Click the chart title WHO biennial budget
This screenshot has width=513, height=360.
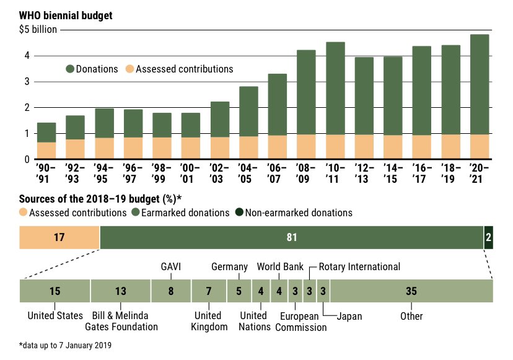coord(66,15)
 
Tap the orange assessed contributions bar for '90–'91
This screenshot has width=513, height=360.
coord(46,151)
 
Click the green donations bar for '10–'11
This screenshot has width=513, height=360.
coord(335,88)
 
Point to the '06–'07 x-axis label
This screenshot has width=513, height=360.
coord(276,173)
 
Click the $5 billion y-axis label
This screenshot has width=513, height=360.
coord(38,29)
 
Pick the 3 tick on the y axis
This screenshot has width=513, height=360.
coord(28,82)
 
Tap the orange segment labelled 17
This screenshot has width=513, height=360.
coord(59,237)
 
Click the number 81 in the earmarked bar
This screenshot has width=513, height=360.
coord(291,237)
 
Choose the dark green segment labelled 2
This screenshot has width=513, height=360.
coord(488,237)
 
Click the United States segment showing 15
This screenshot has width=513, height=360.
coord(55,291)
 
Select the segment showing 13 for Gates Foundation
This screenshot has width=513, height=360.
coord(121,291)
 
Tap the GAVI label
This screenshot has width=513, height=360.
coord(170,267)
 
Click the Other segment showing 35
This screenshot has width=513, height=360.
coord(411,291)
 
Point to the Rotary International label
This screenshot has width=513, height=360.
coord(359,267)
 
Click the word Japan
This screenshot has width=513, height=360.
coord(349,316)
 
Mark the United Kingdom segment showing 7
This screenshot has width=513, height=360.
coord(209,291)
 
